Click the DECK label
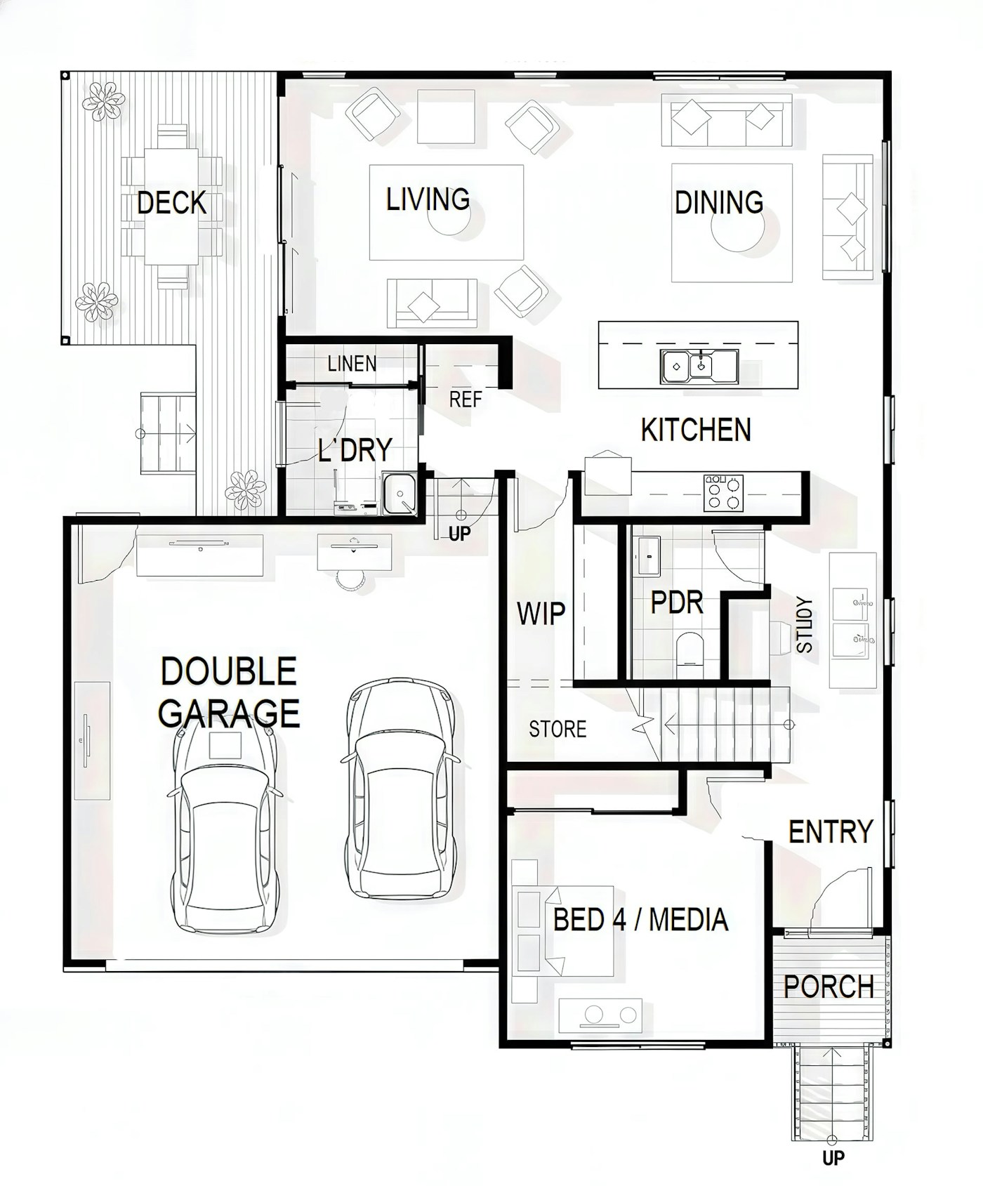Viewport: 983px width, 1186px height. (x=171, y=203)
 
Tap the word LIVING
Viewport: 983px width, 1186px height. (x=428, y=199)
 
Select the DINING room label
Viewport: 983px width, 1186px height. (x=719, y=202)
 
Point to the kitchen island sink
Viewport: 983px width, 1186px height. (x=699, y=366)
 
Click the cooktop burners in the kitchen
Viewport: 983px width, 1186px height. (x=724, y=492)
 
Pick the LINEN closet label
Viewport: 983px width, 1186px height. (x=352, y=364)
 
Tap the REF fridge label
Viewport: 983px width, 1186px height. (x=466, y=400)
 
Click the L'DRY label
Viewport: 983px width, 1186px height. (x=355, y=449)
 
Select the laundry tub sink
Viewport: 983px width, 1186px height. (x=399, y=493)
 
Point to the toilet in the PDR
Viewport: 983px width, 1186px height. (x=689, y=648)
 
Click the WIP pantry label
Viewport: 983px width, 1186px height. (x=541, y=614)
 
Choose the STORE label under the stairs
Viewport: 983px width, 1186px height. (x=558, y=730)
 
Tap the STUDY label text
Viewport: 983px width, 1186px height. (x=805, y=625)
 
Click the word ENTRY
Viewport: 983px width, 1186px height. (x=831, y=832)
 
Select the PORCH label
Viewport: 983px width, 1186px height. (x=829, y=987)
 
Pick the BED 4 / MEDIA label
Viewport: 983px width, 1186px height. (x=640, y=920)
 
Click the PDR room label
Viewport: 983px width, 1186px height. (x=677, y=602)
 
